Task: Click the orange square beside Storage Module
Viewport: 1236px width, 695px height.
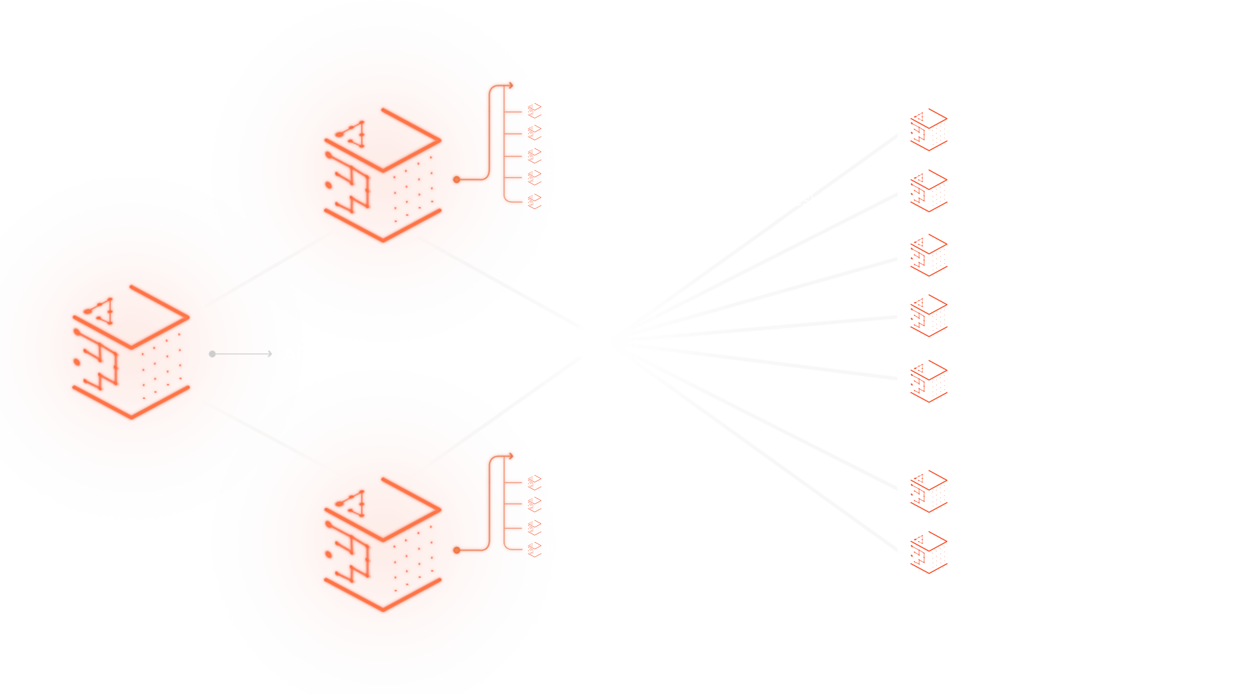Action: pyautogui.click(x=928, y=129)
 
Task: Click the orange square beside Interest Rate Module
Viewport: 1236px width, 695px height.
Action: pyautogui.click(x=928, y=316)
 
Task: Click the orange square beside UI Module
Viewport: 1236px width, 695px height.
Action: pyautogui.click(x=928, y=552)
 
